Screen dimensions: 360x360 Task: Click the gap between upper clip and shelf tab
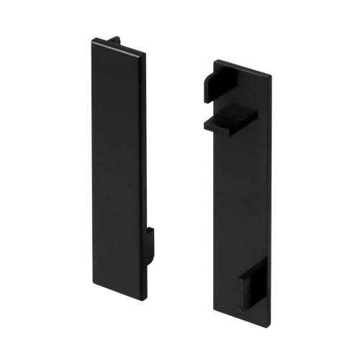click(x=216, y=105)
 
